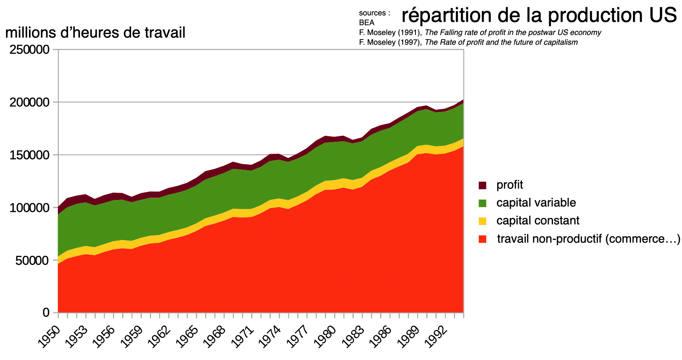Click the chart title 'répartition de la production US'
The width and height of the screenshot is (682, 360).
pos(539,16)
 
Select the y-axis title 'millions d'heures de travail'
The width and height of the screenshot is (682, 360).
pos(95,32)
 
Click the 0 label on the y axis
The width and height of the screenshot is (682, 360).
pos(46,313)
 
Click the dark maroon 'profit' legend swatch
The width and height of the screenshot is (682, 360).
pos(482,185)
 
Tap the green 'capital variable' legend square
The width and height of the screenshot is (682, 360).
pos(482,203)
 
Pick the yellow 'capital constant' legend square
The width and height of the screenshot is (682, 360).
pos(482,221)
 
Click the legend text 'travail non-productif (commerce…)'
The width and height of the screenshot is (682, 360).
pos(588,239)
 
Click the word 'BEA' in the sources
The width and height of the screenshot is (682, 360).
pos(367,23)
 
